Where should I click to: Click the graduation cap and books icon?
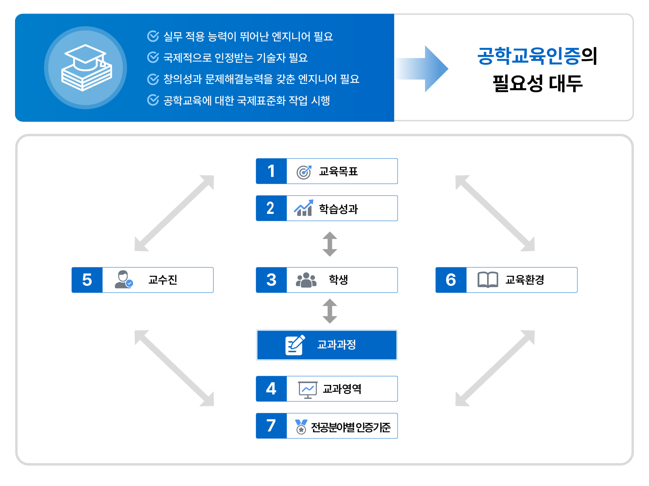86,68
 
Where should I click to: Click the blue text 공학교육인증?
529,56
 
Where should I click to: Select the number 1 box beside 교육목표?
271,171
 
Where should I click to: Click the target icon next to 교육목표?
304,172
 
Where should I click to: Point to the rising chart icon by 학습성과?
304,208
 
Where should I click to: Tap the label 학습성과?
338,209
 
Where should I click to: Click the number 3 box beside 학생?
271,280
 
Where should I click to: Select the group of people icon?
306,280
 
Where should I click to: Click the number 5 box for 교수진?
87,280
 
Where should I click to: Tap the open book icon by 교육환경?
488,280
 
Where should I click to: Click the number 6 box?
451,280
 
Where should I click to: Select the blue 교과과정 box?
327,345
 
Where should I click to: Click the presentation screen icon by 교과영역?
308,390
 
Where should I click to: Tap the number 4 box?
271,389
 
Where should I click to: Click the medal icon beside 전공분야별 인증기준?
301,427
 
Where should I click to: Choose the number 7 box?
271,426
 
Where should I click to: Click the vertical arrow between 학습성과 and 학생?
330,244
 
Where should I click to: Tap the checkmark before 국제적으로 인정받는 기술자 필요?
153,57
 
